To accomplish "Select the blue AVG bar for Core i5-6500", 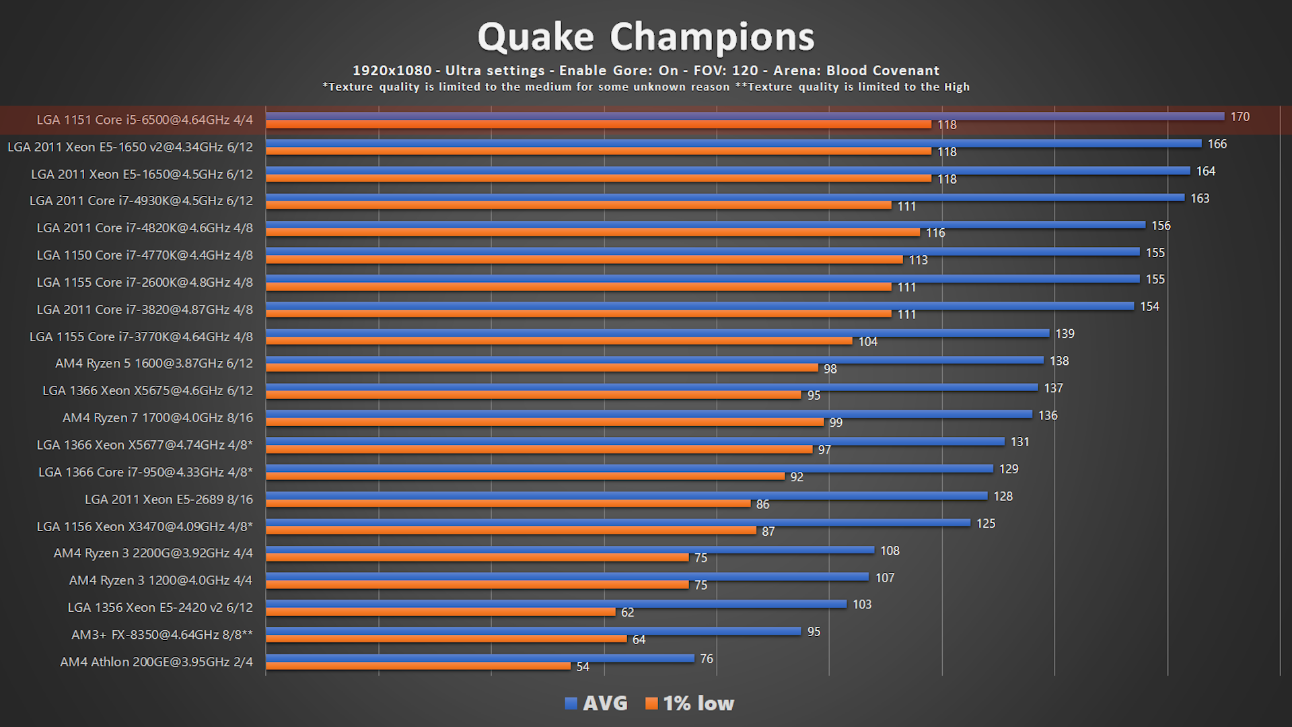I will click(744, 116).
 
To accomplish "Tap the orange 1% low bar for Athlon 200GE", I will click(418, 666).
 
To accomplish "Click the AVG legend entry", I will click(596, 703).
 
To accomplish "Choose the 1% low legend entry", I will click(690, 703).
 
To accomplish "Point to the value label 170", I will click(1240, 117).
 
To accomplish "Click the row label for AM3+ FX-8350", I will click(162, 635).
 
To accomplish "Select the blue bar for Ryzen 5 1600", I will click(654, 360).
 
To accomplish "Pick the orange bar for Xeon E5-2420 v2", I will click(440, 612).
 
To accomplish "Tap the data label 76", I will click(706, 659).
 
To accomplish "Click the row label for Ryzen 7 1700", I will click(157, 418).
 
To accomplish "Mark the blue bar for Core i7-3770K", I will click(657, 333).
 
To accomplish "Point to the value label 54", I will click(583, 667).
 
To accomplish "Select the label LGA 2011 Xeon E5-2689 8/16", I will click(168, 499).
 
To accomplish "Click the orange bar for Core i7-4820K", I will click(592, 232).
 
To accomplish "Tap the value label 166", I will click(1217, 144).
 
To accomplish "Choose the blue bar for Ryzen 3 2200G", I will click(569, 550).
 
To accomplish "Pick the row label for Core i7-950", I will click(145, 473).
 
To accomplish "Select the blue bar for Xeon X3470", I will click(618, 522).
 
